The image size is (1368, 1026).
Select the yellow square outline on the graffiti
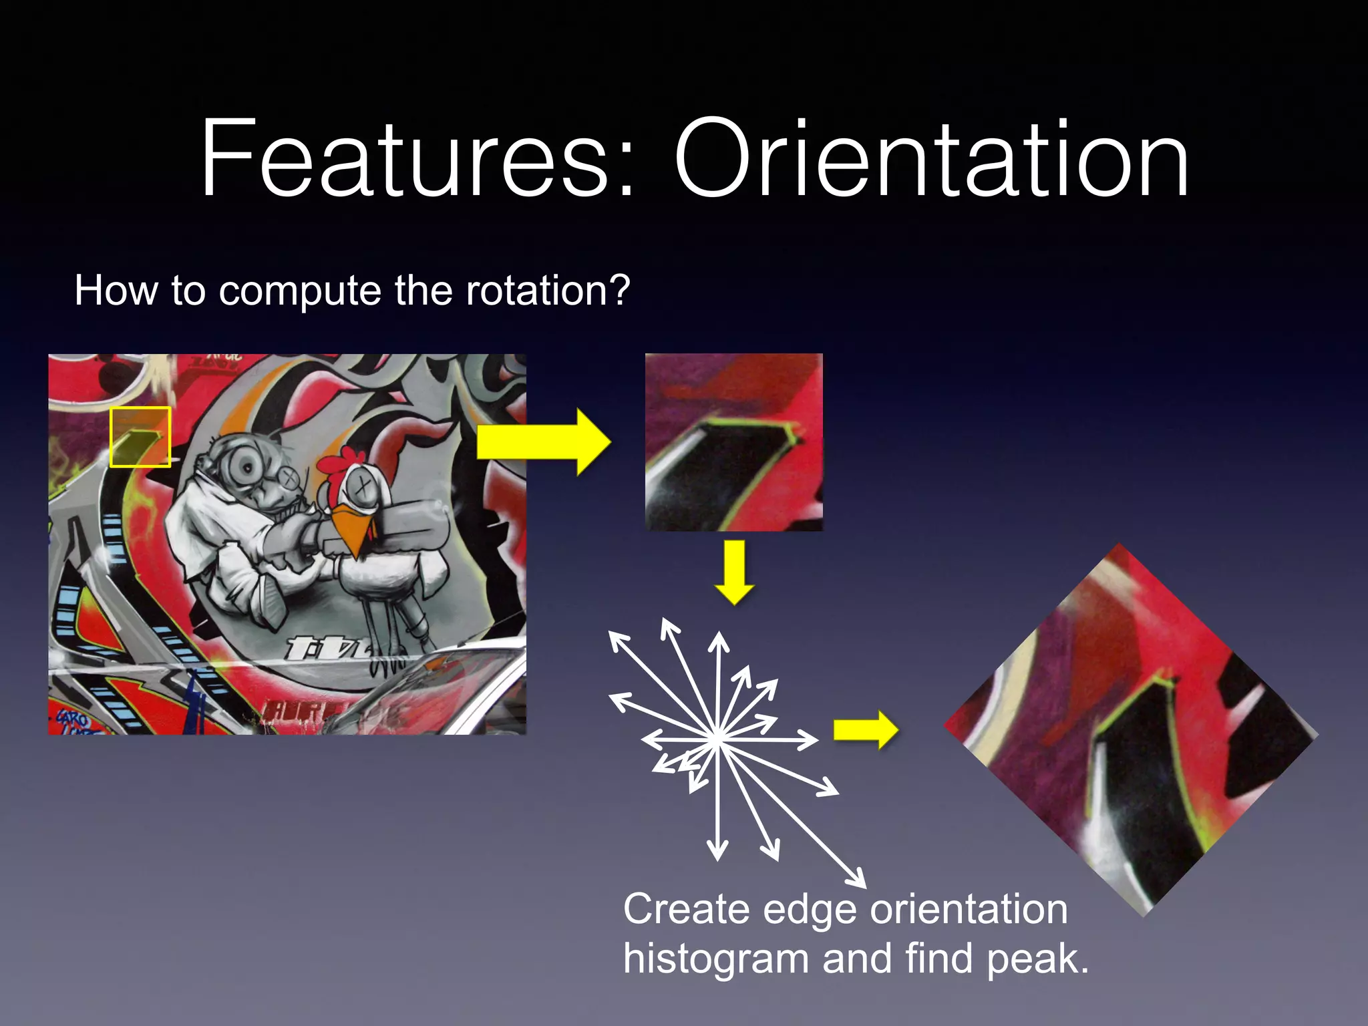(140, 408)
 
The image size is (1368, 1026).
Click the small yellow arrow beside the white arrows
(865, 730)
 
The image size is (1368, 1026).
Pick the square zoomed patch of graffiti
(733, 442)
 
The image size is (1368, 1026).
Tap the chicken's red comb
(337, 464)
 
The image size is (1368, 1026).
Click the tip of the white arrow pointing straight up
(719, 634)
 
